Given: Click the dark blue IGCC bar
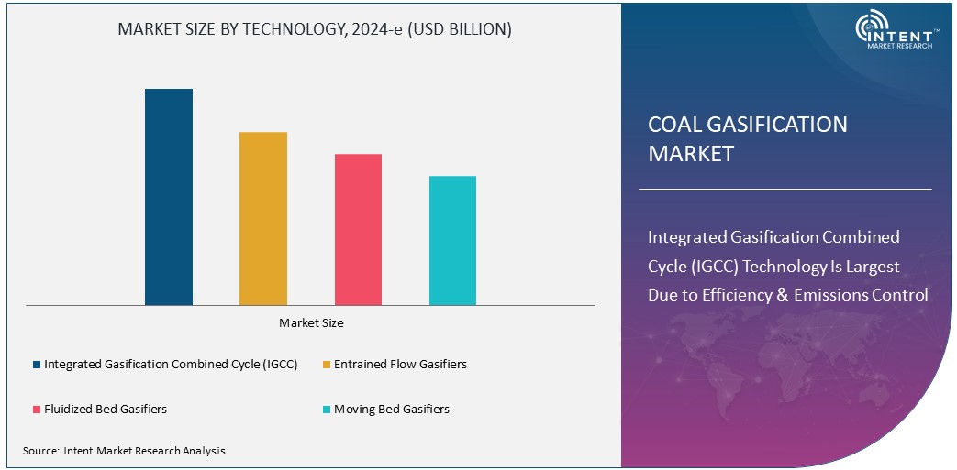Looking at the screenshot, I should tap(169, 197).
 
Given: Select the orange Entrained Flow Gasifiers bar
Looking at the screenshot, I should tap(263, 218).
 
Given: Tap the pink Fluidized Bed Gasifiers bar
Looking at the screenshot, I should tap(358, 229).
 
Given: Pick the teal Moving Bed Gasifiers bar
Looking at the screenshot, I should tap(452, 240).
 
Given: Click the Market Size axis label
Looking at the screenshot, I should tap(311, 322).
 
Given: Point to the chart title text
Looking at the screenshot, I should tap(315, 29).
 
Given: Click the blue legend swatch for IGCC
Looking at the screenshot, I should tap(37, 365).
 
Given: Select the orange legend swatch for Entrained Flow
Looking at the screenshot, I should tap(327, 365).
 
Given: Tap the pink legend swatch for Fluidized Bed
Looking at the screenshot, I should tap(37, 410).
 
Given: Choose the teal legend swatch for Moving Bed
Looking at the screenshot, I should tap(327, 410).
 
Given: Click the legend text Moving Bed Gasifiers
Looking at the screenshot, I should tap(392, 410).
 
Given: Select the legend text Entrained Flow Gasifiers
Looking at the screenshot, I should tap(400, 365).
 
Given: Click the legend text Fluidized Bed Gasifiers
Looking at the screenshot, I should tap(106, 410).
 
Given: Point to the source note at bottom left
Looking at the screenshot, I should tap(124, 451).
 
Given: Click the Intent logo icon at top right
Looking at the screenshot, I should tap(871, 27).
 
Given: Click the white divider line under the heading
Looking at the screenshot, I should tap(785, 189).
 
